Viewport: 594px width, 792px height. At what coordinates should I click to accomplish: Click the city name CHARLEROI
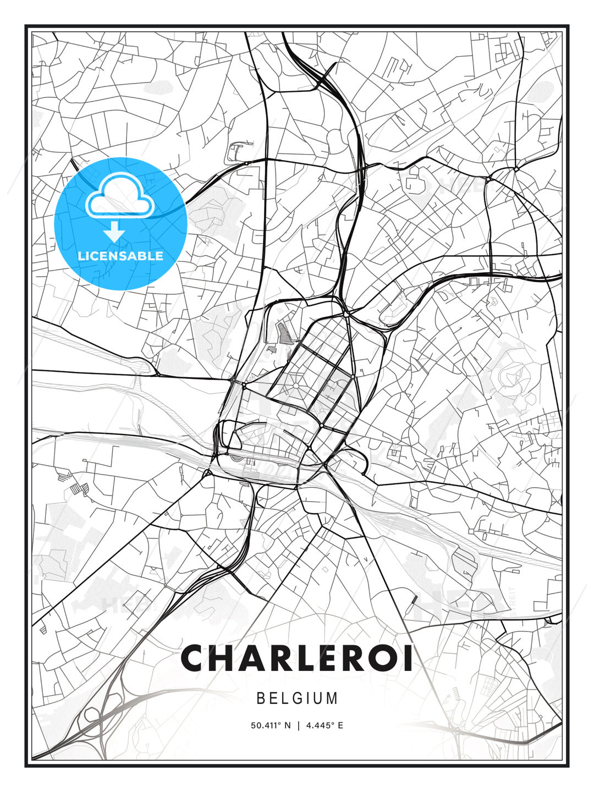[297, 658]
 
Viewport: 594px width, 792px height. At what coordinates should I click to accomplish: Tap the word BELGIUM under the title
[297, 698]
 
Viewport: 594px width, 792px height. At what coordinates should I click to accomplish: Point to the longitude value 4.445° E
[325, 725]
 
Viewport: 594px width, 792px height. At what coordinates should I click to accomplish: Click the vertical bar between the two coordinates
[298, 725]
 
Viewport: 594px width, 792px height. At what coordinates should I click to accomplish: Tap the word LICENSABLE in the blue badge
[120, 256]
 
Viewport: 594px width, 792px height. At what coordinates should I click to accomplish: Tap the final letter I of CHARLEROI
[408, 658]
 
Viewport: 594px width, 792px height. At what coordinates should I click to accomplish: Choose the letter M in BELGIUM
[332, 698]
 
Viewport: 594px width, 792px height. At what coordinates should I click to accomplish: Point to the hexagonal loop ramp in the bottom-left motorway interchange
[91, 716]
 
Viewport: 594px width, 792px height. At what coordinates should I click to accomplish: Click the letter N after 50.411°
[287, 725]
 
